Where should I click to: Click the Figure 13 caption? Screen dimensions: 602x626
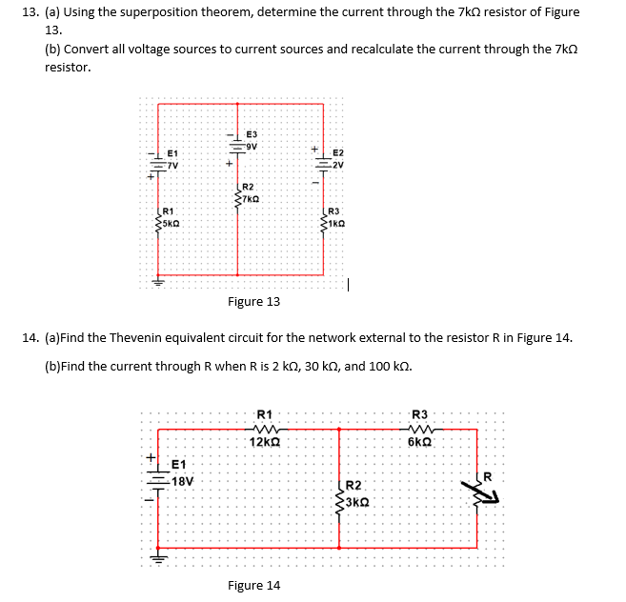pyautogui.click(x=253, y=302)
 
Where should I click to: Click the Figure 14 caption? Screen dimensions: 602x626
pyautogui.click(x=253, y=585)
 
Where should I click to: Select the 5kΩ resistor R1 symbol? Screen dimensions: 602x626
pyautogui.click(x=158, y=223)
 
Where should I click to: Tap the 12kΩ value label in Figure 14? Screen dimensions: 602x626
pyautogui.click(x=264, y=442)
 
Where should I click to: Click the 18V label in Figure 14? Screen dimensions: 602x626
pyautogui.click(x=181, y=481)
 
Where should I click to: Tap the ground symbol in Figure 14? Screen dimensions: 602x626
pyautogui.click(x=158, y=560)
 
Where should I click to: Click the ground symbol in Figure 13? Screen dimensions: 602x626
pyautogui.click(x=158, y=281)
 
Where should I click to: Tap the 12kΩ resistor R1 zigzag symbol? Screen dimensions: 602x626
pyautogui.click(x=264, y=428)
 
